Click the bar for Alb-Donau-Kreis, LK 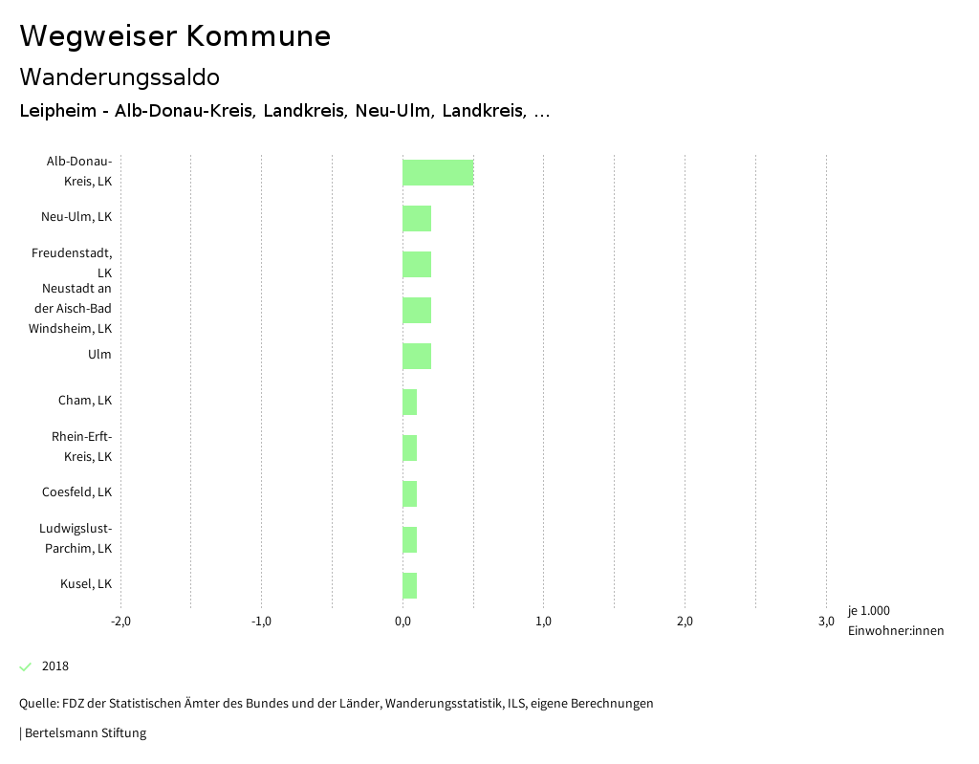pos(438,172)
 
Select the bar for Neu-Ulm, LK pos(417,218)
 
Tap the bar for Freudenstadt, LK pos(417,264)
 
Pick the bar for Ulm pos(417,356)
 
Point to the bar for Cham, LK pos(409,402)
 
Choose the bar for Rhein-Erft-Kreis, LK pos(409,447)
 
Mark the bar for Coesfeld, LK pos(409,493)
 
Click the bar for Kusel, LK pos(409,585)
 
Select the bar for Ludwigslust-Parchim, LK pos(409,539)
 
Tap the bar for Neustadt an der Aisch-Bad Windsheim pos(417,310)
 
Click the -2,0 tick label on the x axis pos(120,622)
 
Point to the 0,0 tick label pos(402,622)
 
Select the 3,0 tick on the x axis pos(826,622)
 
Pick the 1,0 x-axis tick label pos(543,622)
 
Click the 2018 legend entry pos(54,666)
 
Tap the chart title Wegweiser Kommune pos(175,36)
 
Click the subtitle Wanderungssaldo pos(120,76)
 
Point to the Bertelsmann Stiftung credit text pos(84,733)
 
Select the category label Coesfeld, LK pos(76,492)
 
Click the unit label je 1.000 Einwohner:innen pos(895,621)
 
